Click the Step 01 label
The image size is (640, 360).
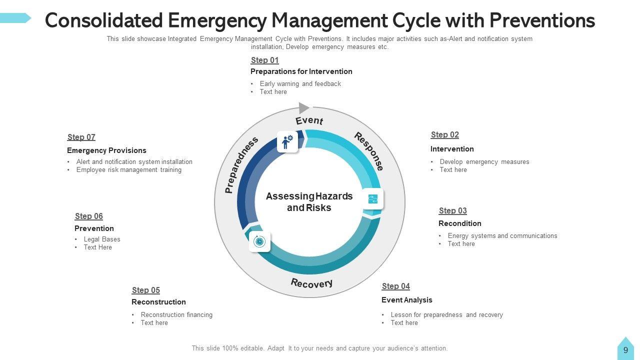click(x=264, y=60)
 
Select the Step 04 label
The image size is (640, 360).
click(x=395, y=286)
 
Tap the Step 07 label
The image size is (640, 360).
click(x=81, y=137)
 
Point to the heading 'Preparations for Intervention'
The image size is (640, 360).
click(x=301, y=71)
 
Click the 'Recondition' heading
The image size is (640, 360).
click(x=459, y=223)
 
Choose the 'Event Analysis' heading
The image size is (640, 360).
click(x=406, y=300)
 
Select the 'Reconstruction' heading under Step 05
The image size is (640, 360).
click(x=158, y=302)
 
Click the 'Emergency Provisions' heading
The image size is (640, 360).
click(x=106, y=150)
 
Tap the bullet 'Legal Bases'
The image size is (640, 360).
click(x=102, y=239)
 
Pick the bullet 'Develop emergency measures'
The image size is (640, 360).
click(x=484, y=162)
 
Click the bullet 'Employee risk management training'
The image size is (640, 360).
click(x=128, y=170)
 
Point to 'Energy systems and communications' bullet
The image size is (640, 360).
click(x=502, y=236)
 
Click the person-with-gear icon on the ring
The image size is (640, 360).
click(x=287, y=141)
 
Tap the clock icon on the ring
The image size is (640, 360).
click(x=259, y=242)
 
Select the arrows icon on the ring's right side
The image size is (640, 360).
click(x=373, y=199)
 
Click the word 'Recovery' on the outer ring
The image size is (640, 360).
click(x=311, y=283)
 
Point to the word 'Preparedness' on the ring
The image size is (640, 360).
click(x=241, y=164)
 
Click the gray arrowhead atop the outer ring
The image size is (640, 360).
click(x=304, y=107)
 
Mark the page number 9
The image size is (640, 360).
click(x=625, y=350)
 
